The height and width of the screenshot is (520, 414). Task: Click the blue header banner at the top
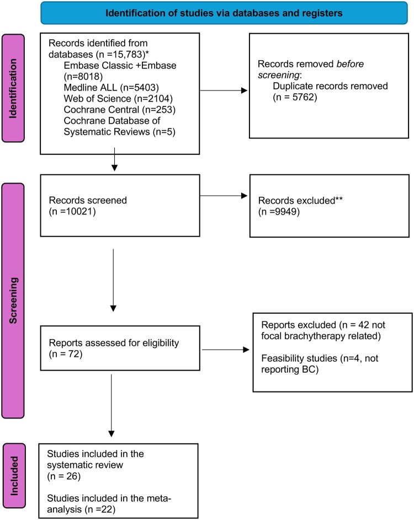[224, 13]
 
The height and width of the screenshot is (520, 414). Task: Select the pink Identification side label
[13, 88]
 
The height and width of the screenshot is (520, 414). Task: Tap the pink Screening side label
[13, 301]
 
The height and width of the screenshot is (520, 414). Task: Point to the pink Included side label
[14, 475]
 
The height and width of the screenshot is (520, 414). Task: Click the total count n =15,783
[121, 54]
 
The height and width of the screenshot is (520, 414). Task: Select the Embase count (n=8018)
[83, 76]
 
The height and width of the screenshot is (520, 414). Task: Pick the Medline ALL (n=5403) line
[111, 88]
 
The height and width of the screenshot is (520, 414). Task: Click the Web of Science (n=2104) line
[118, 99]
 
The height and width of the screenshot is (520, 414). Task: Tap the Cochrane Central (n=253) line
[120, 109]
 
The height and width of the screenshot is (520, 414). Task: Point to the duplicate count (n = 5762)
[295, 97]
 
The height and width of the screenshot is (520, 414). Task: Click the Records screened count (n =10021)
[72, 211]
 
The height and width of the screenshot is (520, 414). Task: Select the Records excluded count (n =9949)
[279, 212]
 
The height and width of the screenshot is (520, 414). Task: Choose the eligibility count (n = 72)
[66, 354]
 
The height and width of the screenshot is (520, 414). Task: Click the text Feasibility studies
[299, 358]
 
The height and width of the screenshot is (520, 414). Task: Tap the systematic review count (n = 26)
[63, 476]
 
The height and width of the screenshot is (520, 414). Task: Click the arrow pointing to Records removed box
[224, 90]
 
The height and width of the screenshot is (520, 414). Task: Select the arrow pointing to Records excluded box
[224, 196]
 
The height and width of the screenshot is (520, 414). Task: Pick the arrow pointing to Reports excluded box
[225, 350]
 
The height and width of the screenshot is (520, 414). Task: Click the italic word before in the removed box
[350, 63]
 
